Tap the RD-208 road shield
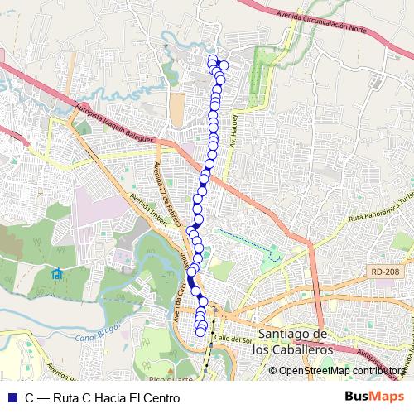pyautogui.click(x=386, y=271)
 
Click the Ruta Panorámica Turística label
pyautogui.click(x=380, y=210)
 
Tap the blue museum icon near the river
pyautogui.click(x=56, y=274)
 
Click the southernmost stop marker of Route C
pyautogui.click(x=200, y=332)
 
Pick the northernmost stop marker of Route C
pyautogui.click(x=213, y=59)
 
